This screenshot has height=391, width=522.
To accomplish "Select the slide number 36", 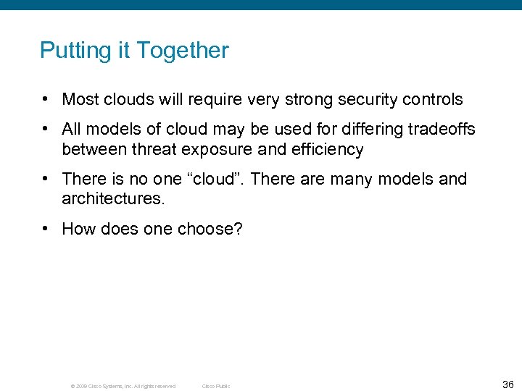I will click(x=507, y=384).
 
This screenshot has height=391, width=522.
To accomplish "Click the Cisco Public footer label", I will click(x=215, y=386).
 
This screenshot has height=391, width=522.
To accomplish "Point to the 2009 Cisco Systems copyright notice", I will click(x=123, y=386).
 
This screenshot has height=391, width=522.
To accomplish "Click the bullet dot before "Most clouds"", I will click(x=46, y=99).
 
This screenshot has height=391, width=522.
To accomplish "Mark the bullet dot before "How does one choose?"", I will click(x=46, y=230).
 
